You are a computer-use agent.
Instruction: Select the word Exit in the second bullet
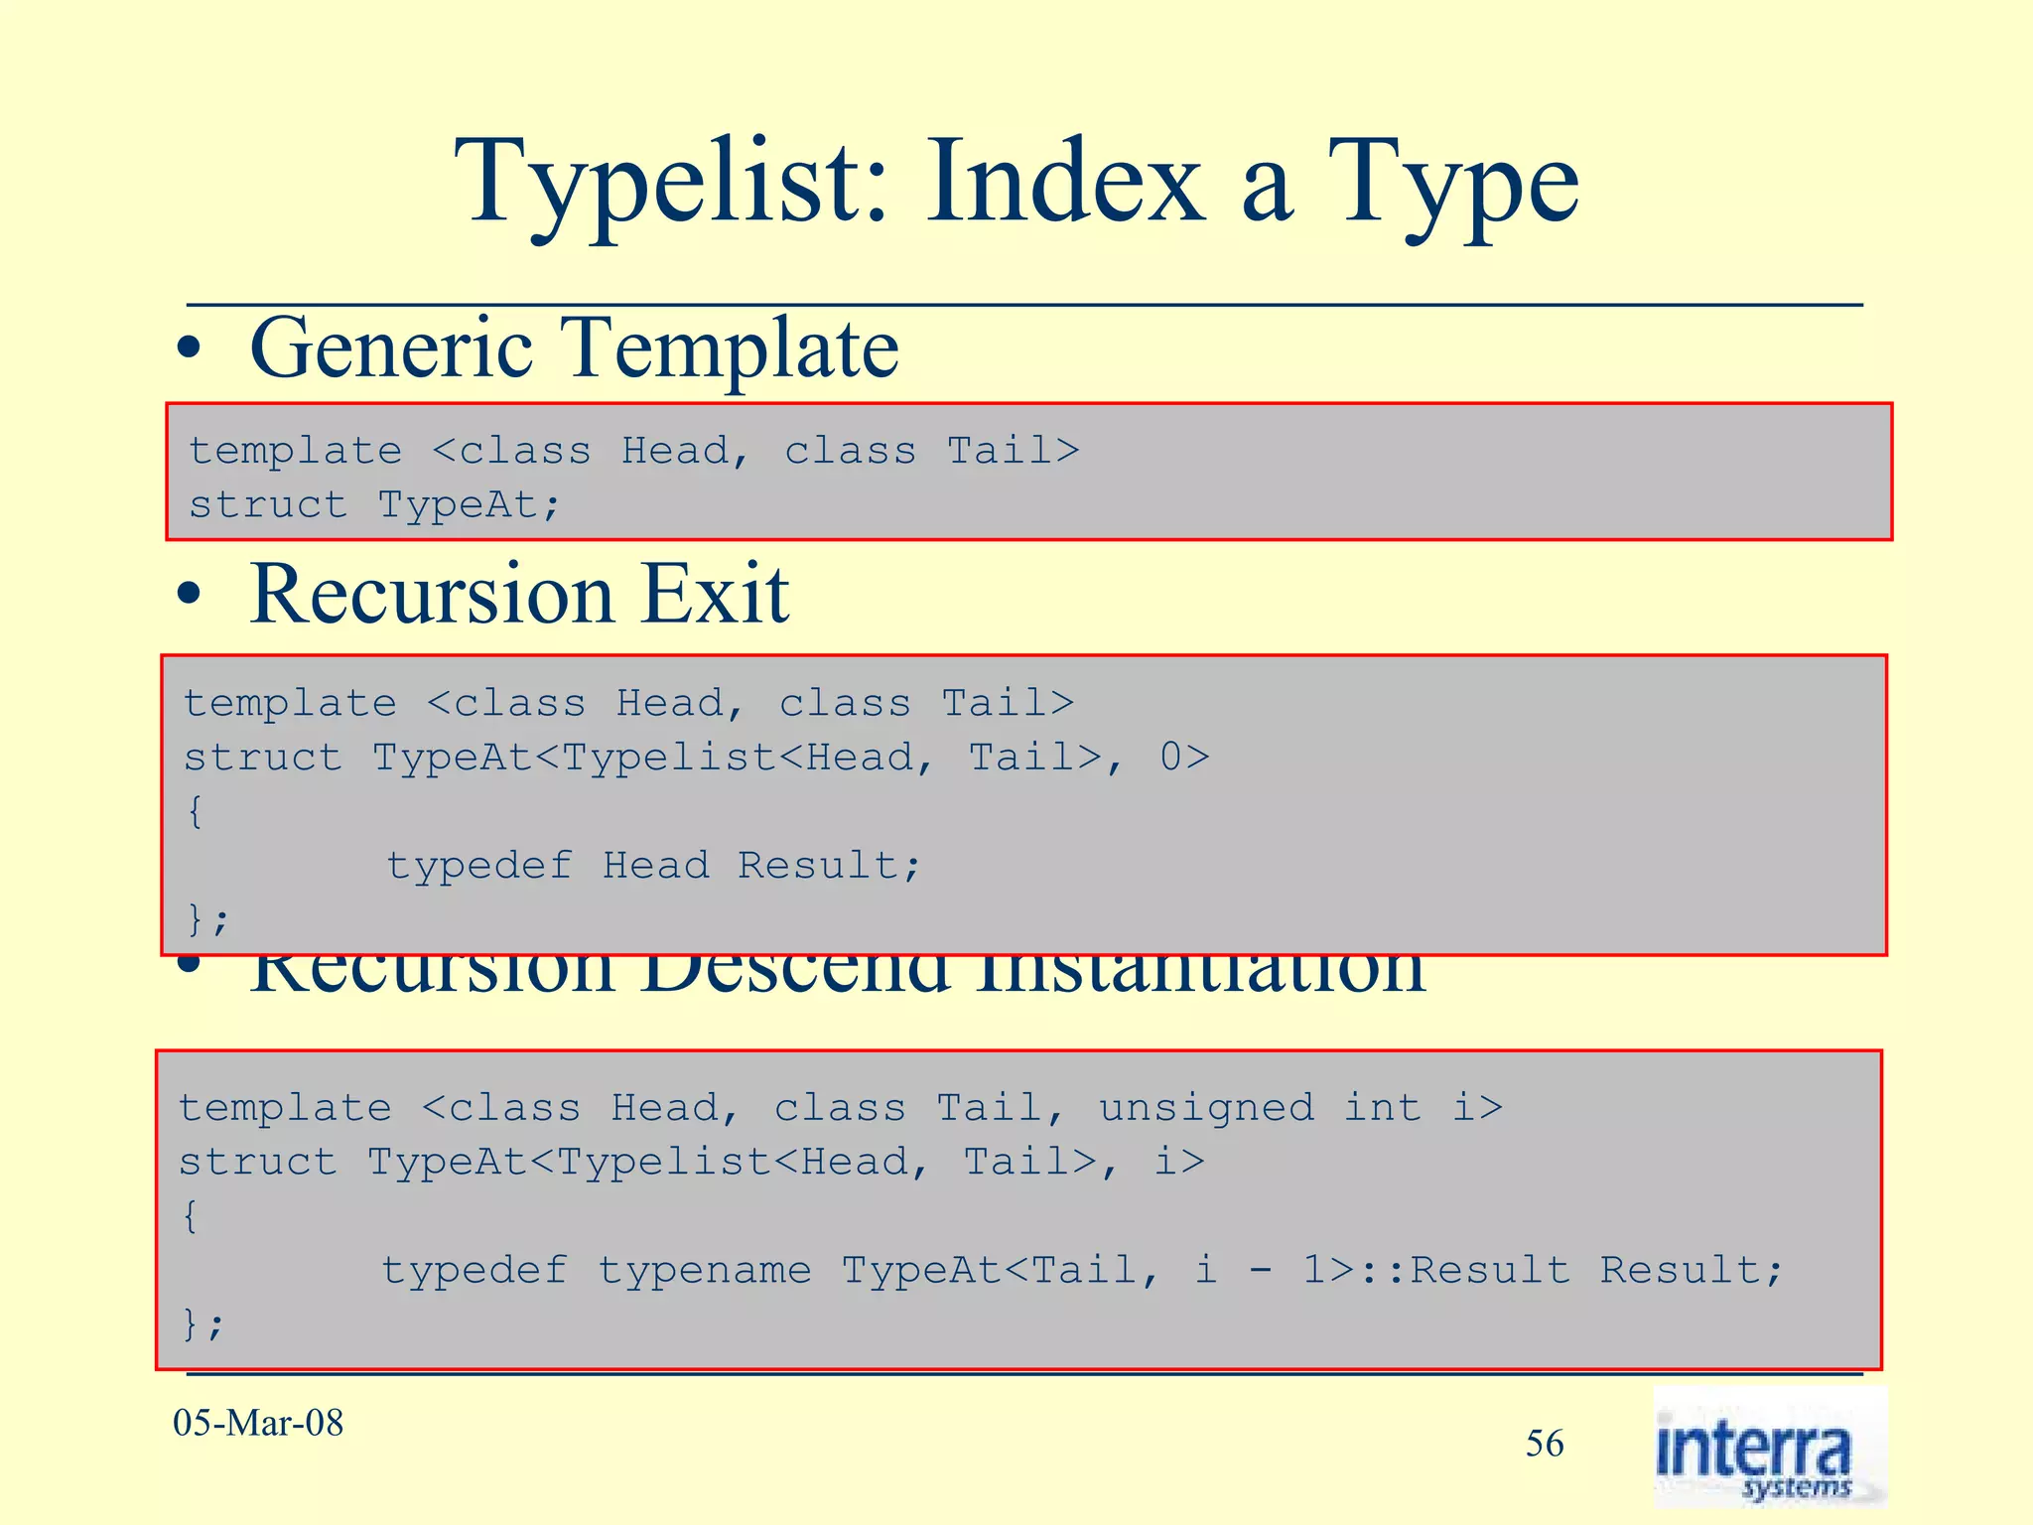tap(715, 596)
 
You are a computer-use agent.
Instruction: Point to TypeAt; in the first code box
tap(469, 505)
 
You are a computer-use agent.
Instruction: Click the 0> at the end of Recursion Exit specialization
tap(1184, 758)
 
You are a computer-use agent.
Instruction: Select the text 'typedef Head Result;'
tap(654, 866)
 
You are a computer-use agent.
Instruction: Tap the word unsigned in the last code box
tap(1206, 1107)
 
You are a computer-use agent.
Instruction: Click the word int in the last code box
tap(1383, 1107)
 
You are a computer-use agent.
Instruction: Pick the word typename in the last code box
tap(704, 1270)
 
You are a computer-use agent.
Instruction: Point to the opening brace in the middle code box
tap(195, 811)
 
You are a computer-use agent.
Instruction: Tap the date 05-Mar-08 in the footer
tap(258, 1423)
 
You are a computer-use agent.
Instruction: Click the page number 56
tap(1545, 1444)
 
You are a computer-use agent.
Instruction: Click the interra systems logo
tap(1769, 1448)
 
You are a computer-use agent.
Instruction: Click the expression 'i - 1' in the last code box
tap(1260, 1270)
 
